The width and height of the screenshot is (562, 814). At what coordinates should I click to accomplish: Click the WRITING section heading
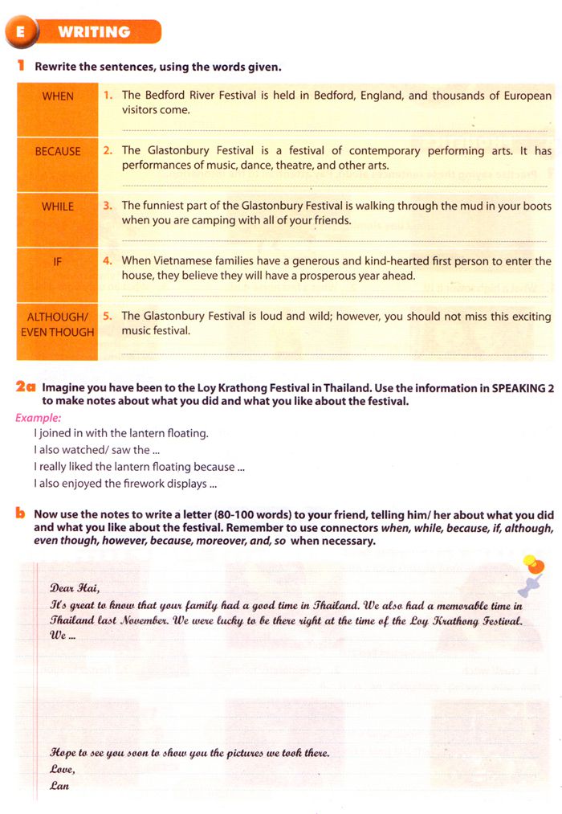pos(94,33)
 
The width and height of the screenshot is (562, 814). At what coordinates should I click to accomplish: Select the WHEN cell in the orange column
pos(58,96)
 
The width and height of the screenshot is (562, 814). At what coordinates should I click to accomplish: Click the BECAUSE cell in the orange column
pos(58,151)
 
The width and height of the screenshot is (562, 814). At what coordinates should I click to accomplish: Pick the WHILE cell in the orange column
pos(58,207)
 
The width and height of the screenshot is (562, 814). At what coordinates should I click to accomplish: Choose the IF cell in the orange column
pos(58,261)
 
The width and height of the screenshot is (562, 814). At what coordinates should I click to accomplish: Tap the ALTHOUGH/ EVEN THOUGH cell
pos(58,324)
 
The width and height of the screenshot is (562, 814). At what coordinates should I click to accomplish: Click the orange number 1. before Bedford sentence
pos(108,96)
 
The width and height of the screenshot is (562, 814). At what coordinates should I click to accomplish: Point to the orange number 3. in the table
pos(108,206)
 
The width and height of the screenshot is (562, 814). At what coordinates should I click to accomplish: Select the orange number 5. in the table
pos(108,317)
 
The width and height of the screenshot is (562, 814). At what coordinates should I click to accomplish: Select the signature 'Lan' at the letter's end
pos(60,785)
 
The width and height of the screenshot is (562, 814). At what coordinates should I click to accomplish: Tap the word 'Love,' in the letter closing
pos(63,769)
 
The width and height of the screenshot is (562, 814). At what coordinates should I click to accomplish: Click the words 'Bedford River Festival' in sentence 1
pos(201,96)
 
